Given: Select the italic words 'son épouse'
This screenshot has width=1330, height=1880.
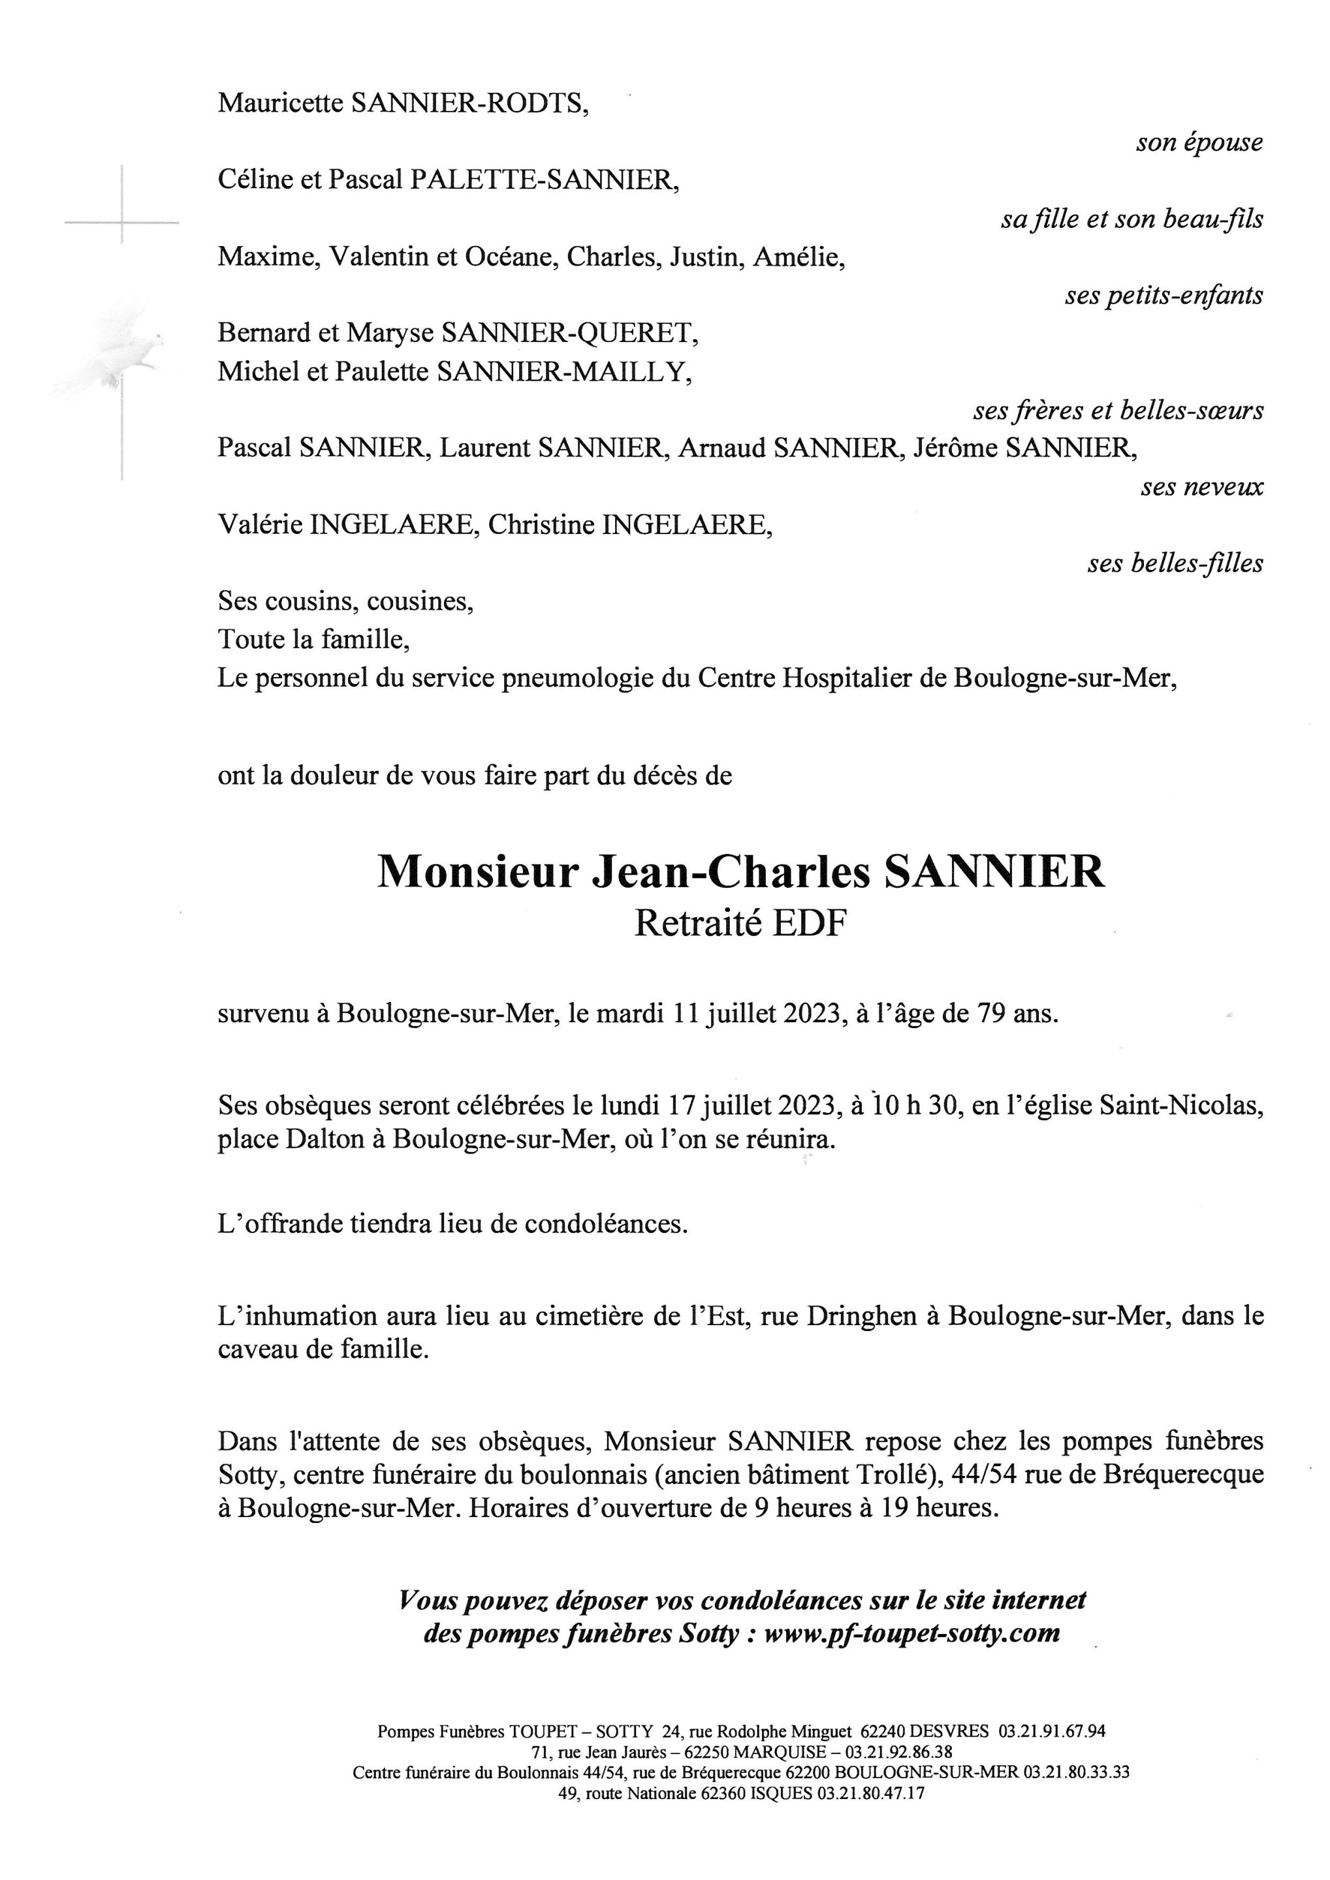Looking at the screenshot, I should tap(1198, 142).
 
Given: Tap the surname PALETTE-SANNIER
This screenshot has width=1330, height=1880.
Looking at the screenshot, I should tap(544, 180).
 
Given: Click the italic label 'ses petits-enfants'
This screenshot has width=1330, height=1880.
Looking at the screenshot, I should tap(1163, 296).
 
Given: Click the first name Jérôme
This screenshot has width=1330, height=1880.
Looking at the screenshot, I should tap(955, 448).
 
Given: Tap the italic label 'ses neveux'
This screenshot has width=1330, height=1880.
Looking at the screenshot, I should tap(1201, 487).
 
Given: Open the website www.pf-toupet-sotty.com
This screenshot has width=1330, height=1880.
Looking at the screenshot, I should tap(911, 1633).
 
